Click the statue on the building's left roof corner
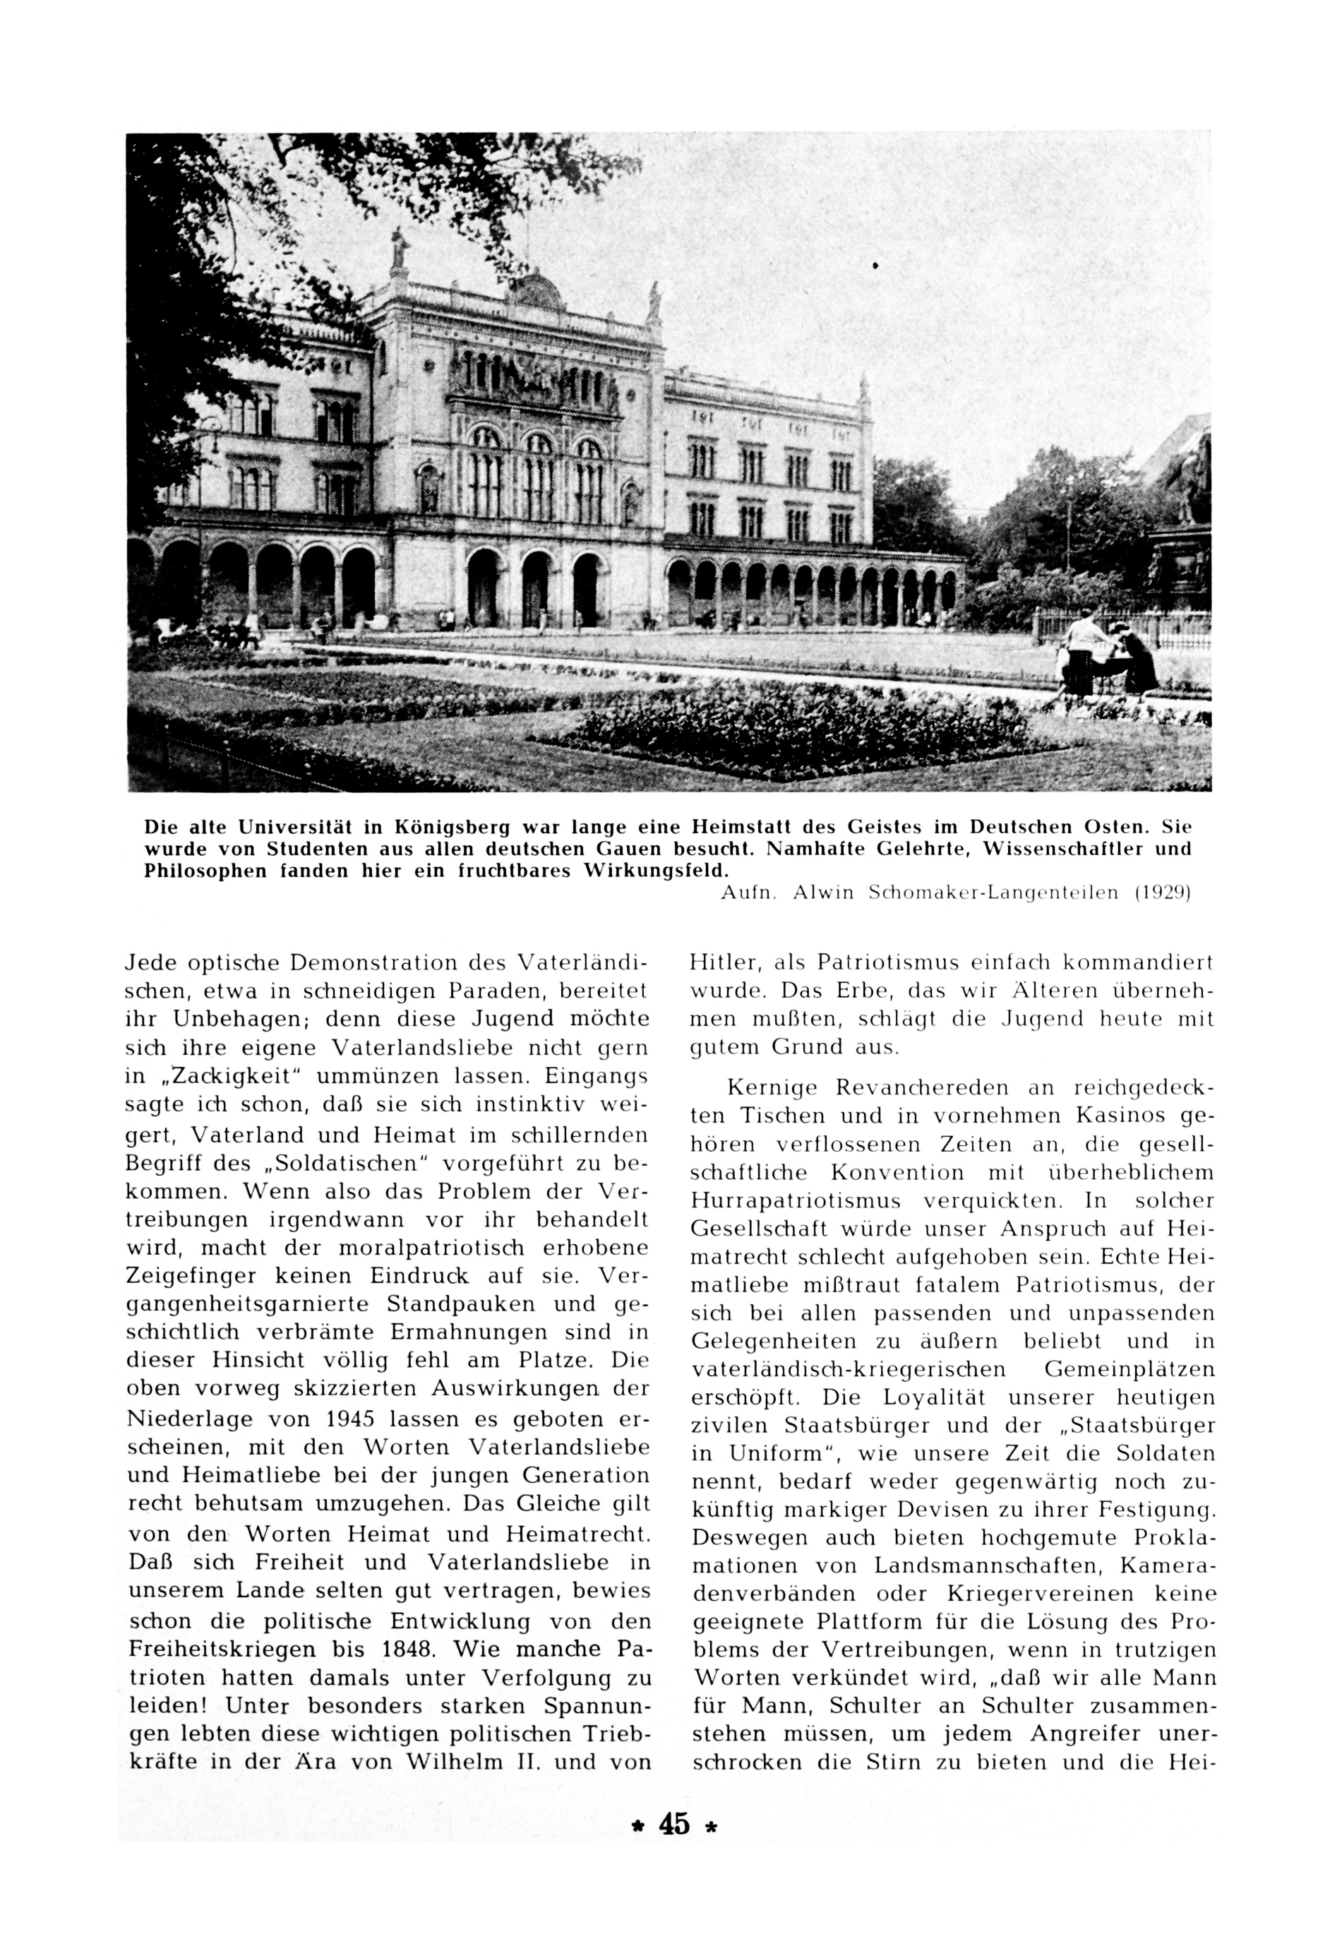(x=400, y=251)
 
